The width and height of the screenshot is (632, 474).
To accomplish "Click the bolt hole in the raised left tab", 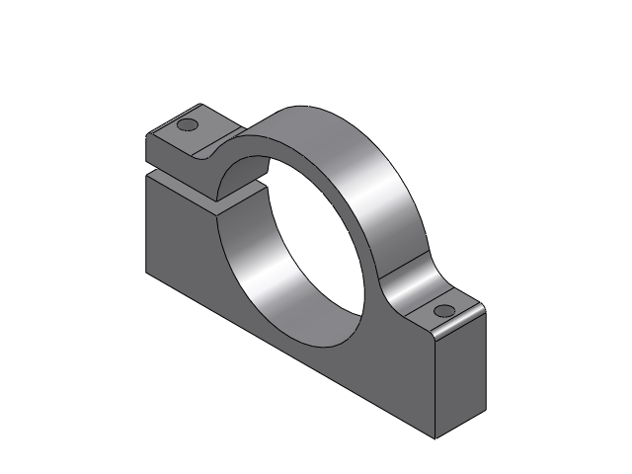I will coord(186,125).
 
